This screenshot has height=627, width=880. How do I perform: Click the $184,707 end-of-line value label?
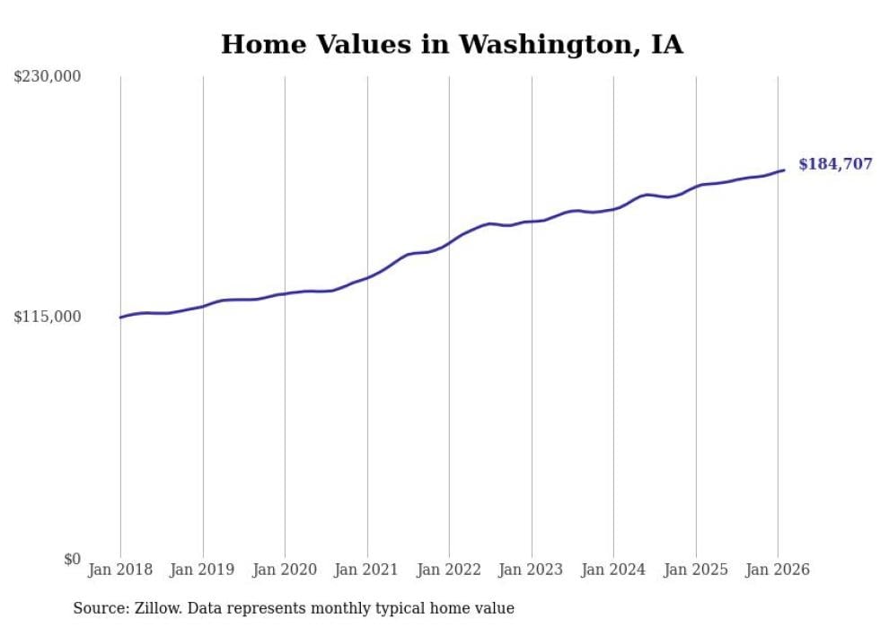point(835,164)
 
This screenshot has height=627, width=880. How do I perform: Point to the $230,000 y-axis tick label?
point(48,77)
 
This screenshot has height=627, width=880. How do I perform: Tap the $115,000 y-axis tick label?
point(48,317)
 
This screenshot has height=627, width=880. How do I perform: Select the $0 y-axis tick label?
point(72,559)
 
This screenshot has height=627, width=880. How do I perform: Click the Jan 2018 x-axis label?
point(120,570)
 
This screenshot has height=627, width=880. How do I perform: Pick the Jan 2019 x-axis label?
point(202,570)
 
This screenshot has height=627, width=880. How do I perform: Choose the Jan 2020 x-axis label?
point(285,570)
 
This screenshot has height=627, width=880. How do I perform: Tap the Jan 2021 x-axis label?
point(366,570)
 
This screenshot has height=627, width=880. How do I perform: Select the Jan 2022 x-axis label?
point(449,570)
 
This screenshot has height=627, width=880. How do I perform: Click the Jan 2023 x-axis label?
point(531,570)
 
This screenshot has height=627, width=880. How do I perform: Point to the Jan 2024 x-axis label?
point(613,570)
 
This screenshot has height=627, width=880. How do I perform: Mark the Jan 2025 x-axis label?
point(695,570)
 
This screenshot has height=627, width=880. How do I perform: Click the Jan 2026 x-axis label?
point(778,570)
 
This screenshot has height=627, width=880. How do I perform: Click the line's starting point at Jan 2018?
point(120,318)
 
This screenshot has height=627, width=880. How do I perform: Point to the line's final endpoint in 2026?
point(784,170)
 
